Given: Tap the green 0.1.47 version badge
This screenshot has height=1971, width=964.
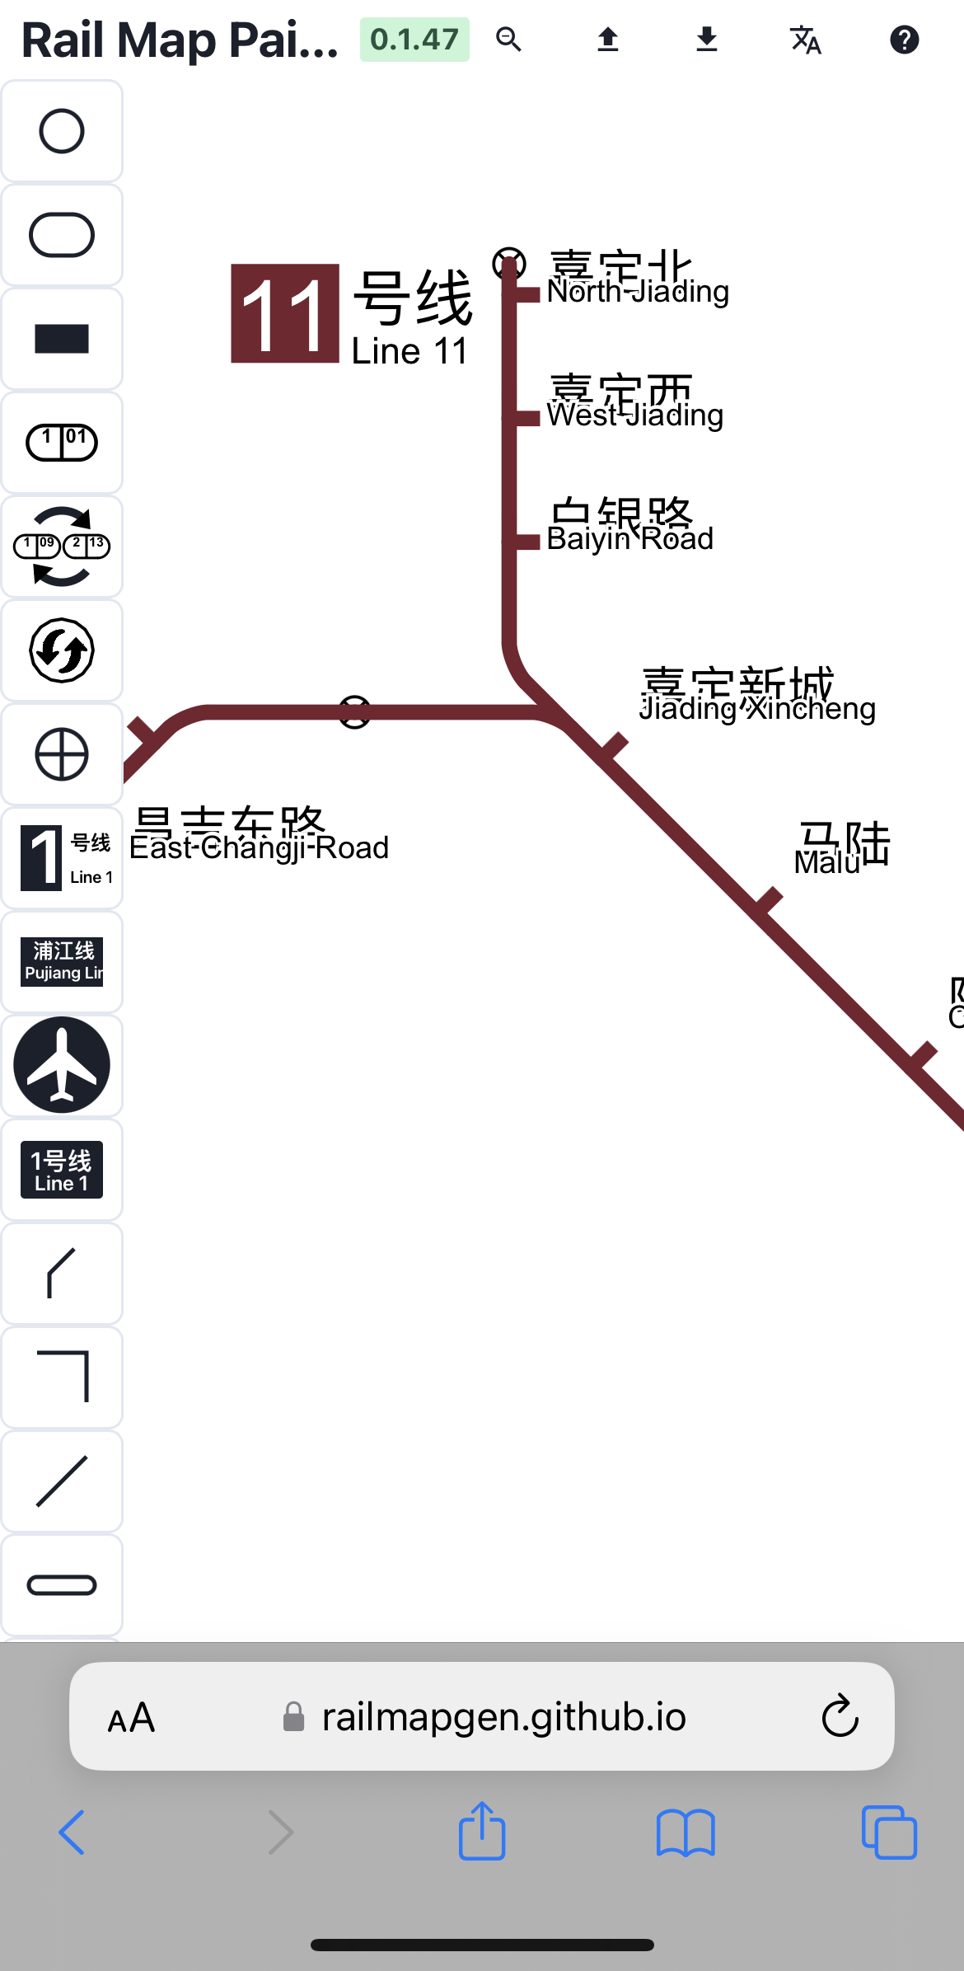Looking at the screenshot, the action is point(414,40).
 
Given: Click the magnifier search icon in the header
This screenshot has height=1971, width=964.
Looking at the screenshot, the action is point(508,40).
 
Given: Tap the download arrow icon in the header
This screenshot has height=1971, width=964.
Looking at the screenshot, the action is point(706,40).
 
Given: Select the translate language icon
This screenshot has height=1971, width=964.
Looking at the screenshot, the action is point(805,40).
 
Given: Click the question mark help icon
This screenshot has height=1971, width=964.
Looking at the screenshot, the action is point(904,40).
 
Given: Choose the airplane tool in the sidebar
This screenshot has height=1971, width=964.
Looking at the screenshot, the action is point(62,1065).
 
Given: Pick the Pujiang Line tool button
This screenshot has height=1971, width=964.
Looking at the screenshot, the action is point(62,961).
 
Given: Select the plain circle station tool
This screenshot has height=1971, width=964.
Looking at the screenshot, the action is point(62,131).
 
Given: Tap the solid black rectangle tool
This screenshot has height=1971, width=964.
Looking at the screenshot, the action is point(62,339).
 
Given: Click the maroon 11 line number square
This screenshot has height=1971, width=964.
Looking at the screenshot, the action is point(285,313).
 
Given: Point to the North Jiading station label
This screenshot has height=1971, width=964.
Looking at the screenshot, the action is point(637,280).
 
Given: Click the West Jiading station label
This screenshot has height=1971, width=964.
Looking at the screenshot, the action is point(634,404).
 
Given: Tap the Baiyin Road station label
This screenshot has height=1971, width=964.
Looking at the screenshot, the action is point(629,527).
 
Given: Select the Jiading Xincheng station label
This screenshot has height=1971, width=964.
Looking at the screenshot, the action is point(756,697).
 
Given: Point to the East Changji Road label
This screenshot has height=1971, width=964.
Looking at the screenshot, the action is point(259,836).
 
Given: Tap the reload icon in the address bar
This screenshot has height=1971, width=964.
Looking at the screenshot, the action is point(840,1716).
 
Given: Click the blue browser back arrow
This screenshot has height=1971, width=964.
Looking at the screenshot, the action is point(73,1833).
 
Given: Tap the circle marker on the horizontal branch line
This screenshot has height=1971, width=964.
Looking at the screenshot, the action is point(355,712).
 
